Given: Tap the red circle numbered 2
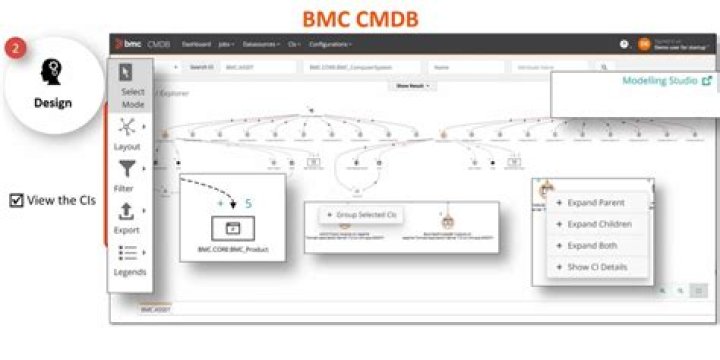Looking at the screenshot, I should click(15, 48).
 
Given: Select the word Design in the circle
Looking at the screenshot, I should click(52, 102).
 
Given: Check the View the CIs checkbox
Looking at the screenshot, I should click(15, 200).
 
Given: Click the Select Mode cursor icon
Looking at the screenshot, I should click(127, 72).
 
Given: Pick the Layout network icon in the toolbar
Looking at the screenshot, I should click(127, 127).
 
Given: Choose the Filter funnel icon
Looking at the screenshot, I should click(127, 169).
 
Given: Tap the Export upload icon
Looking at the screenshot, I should click(127, 211).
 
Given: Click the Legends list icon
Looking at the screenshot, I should click(127, 253).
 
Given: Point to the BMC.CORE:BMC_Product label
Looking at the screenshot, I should click(233, 248).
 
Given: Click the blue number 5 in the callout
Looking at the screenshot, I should click(249, 203).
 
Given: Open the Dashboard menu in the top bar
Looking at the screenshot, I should click(197, 44).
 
